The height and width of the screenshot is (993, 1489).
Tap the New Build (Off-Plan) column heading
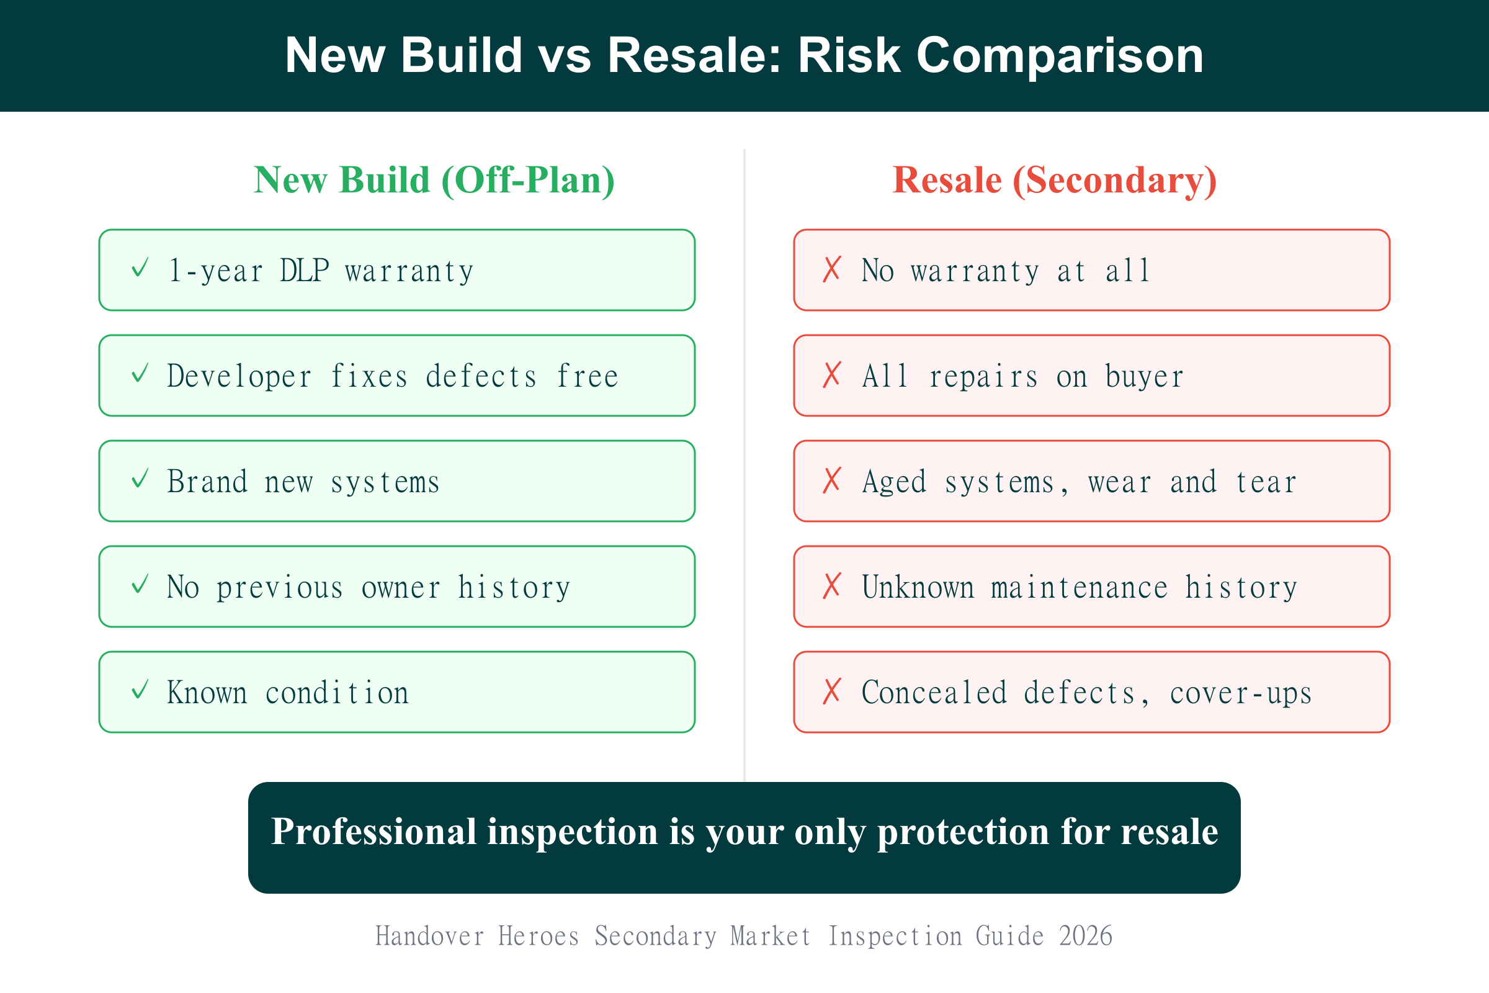[434, 181]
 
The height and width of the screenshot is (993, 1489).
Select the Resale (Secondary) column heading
[1055, 181]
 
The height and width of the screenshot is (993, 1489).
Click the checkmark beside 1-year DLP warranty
[140, 268]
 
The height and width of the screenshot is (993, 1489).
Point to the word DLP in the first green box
[305, 271]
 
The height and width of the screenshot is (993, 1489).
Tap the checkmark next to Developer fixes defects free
[140, 373]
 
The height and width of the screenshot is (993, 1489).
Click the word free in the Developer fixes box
[588, 376]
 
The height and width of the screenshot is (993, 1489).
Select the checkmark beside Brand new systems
[140, 479]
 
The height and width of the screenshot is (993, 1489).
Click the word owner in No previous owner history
[401, 588]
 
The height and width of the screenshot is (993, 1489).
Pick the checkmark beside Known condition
[140, 690]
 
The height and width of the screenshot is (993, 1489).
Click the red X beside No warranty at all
[832, 269]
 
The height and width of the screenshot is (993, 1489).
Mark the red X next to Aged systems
[832, 480]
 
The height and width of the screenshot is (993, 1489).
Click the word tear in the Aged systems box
[1266, 483]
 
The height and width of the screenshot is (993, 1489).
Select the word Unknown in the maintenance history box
[918, 588]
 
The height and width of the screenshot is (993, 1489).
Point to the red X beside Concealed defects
[832, 691]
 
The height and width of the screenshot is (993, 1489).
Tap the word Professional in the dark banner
[373, 832]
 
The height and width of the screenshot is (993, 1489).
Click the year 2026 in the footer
[1086, 936]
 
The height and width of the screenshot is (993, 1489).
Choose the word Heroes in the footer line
[539, 936]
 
